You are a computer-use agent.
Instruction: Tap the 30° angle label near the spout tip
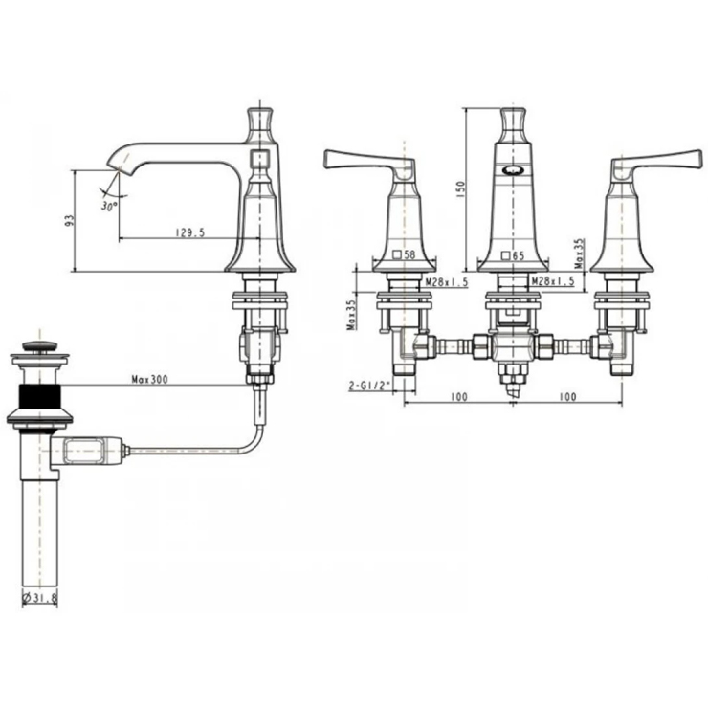(x=108, y=205)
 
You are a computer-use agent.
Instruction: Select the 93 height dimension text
(x=69, y=221)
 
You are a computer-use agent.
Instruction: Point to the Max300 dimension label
(x=150, y=380)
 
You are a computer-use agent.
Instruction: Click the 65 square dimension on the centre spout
(x=514, y=256)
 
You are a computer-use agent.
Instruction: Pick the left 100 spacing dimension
(x=456, y=394)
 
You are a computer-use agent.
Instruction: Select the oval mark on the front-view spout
(x=514, y=171)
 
